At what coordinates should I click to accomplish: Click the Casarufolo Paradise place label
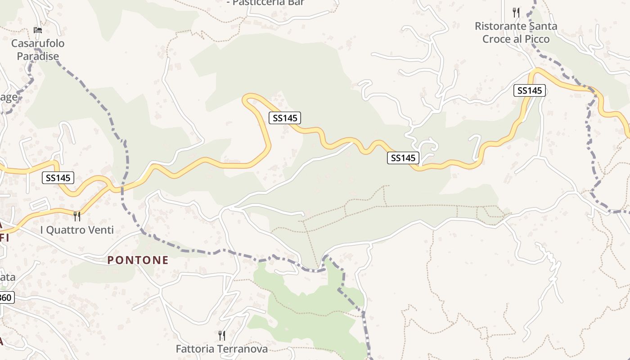coord(38,49)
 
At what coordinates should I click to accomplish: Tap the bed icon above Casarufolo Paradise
coord(38,30)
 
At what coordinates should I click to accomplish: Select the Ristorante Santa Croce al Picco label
coord(516,32)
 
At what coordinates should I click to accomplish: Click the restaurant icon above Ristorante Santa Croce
coord(516,13)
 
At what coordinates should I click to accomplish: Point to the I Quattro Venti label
coord(77,230)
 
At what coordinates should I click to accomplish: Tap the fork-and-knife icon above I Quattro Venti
coord(77,216)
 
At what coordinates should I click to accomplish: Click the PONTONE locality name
coord(138,260)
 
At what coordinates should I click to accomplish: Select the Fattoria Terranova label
coord(221,349)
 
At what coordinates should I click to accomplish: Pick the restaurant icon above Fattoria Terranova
coord(221,335)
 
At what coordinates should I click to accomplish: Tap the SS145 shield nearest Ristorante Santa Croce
coord(529,90)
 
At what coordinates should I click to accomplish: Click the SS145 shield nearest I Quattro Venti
coord(58,178)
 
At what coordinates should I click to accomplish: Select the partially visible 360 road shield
coord(6,297)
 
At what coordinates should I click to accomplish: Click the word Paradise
coord(38,56)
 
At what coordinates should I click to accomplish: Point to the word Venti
coord(100,230)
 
